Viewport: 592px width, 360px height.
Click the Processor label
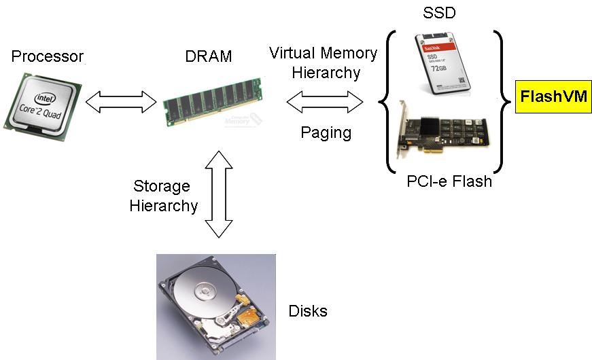coord(47,56)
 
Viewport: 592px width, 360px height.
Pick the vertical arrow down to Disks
coord(219,194)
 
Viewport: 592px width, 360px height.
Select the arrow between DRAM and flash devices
coord(325,103)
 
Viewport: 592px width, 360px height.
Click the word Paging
coord(326,132)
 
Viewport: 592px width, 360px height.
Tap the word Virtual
coord(294,53)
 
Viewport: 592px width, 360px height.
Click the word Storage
coord(161,186)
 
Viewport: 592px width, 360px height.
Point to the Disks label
coord(308,311)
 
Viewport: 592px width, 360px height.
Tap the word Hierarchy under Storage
coord(164,205)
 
